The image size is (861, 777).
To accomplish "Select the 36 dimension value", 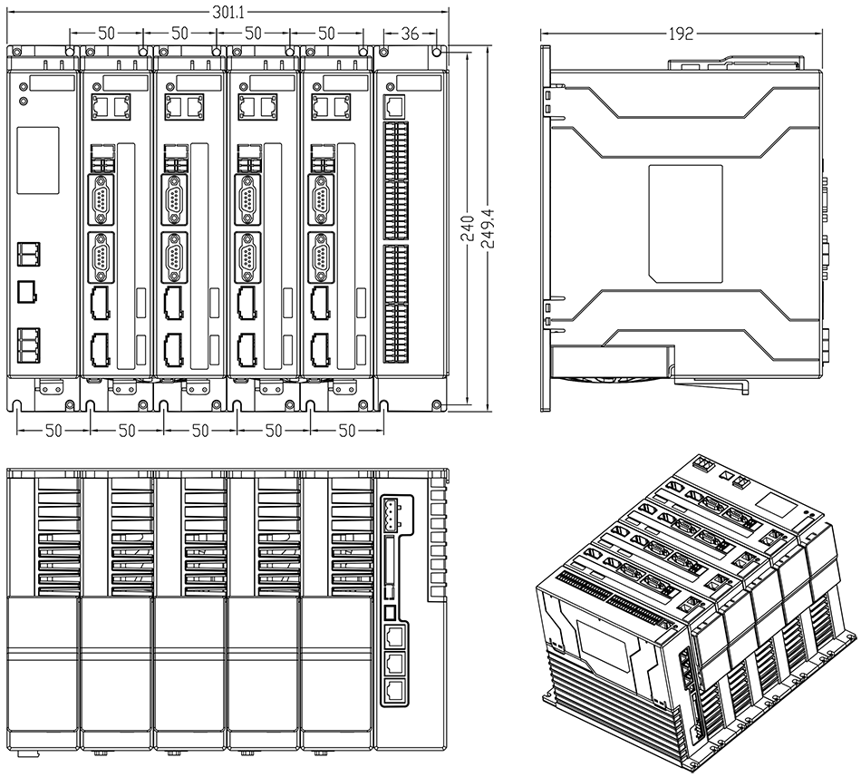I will [x=409, y=34].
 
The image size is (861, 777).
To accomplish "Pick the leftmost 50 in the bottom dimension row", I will [x=53, y=431].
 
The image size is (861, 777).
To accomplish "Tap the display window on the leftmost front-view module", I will [x=38, y=160].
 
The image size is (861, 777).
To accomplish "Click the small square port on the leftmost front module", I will [x=27, y=292].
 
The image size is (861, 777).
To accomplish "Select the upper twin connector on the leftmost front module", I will [x=27, y=254].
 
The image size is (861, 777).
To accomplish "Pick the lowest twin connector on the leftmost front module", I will [x=27, y=342].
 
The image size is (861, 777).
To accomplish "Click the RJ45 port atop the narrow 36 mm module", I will [x=394, y=104].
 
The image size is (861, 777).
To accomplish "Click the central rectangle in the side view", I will [x=686, y=221].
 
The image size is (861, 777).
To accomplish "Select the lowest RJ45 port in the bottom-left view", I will [x=394, y=691].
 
